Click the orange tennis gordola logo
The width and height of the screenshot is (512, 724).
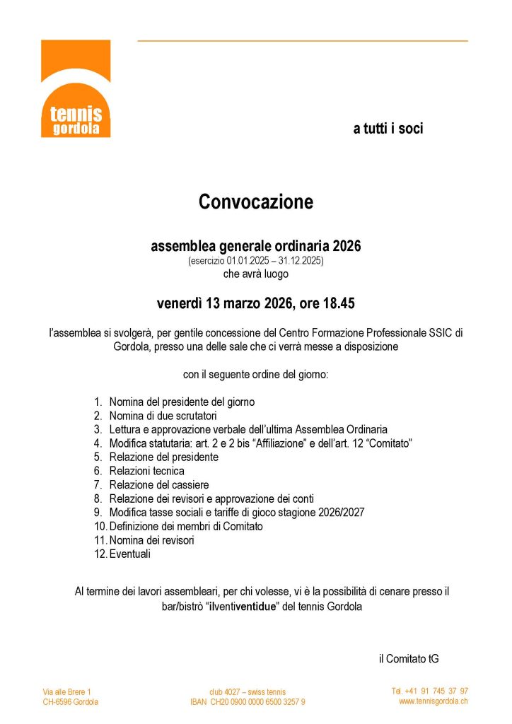click(76, 88)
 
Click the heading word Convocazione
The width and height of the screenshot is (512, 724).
click(255, 202)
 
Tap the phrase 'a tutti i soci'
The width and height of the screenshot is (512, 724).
click(388, 129)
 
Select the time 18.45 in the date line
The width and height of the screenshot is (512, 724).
click(338, 304)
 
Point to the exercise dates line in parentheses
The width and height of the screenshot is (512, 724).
click(255, 261)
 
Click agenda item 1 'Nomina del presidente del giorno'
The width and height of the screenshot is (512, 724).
click(182, 402)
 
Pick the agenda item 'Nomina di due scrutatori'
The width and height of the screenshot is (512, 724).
click(163, 415)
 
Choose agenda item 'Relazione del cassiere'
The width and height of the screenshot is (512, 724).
click(159, 484)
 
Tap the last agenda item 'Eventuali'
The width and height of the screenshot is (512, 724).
click(129, 554)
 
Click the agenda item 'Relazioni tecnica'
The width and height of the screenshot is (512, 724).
click(146, 471)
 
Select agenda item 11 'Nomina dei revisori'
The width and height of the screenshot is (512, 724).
click(151, 540)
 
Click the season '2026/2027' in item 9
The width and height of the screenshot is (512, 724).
click(341, 513)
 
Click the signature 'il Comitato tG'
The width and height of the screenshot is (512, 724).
click(409, 658)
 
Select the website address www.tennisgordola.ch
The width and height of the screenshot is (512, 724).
click(433, 701)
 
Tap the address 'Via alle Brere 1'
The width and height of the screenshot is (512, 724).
click(67, 691)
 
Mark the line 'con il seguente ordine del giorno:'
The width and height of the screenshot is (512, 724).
click(255, 375)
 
